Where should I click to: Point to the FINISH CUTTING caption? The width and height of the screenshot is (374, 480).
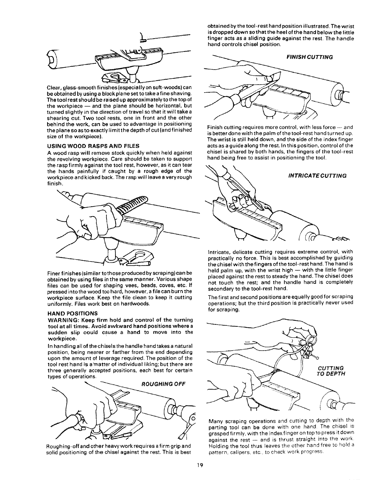(x=309, y=56)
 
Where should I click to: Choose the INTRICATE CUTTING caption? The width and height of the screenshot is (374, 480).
(x=317, y=176)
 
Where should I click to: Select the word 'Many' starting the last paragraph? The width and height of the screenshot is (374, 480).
(x=215, y=420)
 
